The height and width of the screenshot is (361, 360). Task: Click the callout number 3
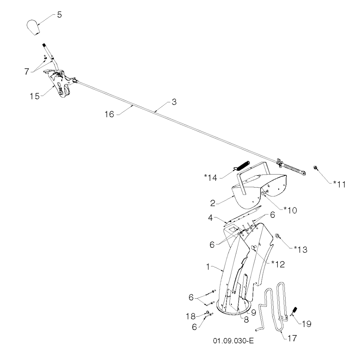(x=174, y=102)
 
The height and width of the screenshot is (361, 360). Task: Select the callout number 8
(x=246, y=320)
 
